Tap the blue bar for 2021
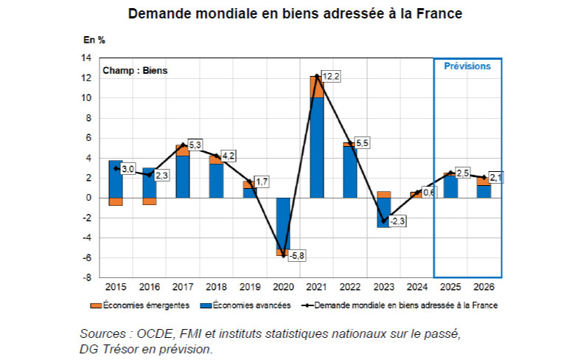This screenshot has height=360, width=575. tap(316, 148)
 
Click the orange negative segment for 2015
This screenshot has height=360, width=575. tap(115, 201)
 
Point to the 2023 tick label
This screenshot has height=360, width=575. tap(383, 286)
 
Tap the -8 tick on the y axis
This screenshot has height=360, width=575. tap(88, 277)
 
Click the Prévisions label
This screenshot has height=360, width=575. tap(467, 66)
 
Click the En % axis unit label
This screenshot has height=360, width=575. tap(94, 38)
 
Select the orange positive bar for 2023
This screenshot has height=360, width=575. tap(383, 194)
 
